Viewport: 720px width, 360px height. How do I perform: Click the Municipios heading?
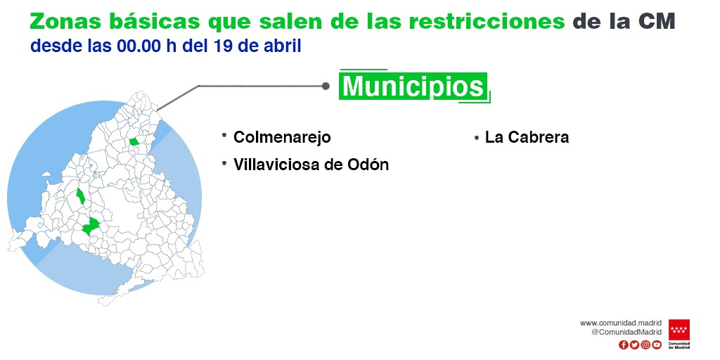tap(413, 86)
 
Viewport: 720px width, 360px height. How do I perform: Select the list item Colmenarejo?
tap(282, 137)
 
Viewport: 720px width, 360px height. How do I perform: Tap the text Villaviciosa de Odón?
tap(311, 165)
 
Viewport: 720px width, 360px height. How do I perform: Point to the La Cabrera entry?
tap(527, 137)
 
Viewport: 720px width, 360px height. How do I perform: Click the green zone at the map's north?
tap(134, 141)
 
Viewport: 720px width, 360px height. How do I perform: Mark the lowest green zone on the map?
tap(91, 226)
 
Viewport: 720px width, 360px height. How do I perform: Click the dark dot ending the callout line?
tap(326, 86)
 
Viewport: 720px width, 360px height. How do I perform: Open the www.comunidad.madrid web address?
tap(621, 323)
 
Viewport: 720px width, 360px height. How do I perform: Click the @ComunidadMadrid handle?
tap(626, 332)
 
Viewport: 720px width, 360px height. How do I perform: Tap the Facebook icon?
tap(623, 345)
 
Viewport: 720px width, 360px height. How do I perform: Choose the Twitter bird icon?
tap(634, 345)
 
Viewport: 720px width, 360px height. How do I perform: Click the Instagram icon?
tap(645, 345)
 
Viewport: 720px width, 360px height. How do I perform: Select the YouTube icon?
tap(657, 345)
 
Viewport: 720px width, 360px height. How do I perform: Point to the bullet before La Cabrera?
tap(477, 138)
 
